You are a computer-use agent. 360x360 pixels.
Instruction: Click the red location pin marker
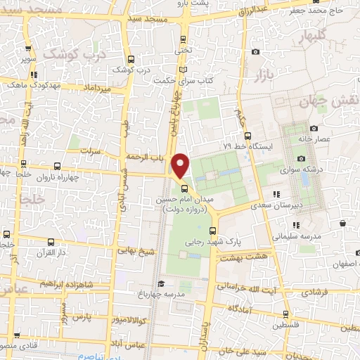181,166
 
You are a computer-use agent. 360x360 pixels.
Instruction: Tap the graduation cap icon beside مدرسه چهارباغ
161,285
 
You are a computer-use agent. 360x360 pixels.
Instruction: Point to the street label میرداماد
97,89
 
